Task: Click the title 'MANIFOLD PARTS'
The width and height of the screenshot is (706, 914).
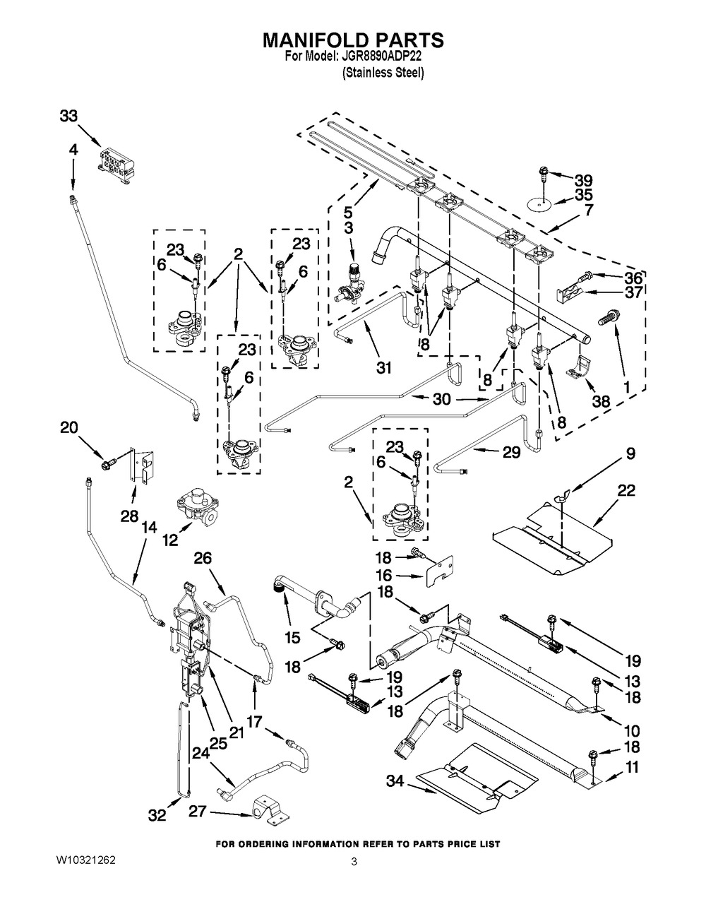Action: (353, 40)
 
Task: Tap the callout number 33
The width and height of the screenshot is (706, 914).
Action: (68, 116)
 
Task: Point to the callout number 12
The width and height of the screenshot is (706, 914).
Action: (171, 540)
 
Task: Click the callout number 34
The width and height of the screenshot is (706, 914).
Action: (394, 781)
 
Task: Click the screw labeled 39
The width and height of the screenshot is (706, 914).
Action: (544, 177)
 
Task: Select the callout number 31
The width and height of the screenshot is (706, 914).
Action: (383, 367)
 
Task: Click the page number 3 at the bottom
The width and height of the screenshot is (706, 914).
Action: (354, 862)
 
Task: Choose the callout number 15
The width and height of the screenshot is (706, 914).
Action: (292, 638)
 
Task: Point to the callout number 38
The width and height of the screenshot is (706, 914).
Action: (601, 400)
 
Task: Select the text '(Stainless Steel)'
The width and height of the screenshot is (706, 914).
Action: (383, 73)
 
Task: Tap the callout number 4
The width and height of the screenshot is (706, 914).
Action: (73, 150)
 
